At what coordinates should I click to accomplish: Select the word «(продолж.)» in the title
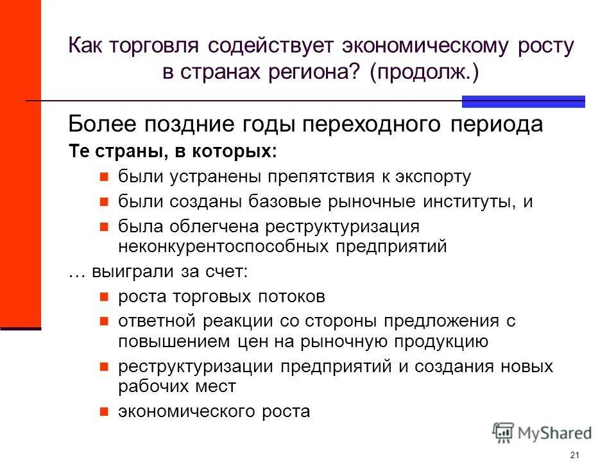click(x=424, y=73)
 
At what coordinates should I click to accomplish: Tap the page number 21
click(x=574, y=455)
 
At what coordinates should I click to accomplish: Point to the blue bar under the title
click(x=524, y=101)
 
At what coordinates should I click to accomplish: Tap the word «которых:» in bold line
click(x=244, y=153)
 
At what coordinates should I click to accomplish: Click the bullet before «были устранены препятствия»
click(x=105, y=176)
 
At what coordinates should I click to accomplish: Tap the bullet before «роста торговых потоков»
click(x=105, y=298)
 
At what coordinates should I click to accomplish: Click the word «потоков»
click(x=292, y=297)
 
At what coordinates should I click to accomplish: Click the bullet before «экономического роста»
click(x=105, y=411)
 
